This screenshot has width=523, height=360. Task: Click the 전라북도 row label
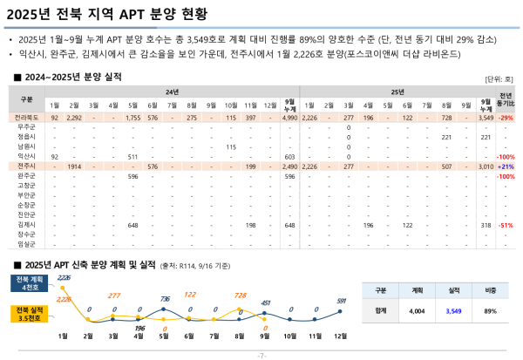[x=26, y=117]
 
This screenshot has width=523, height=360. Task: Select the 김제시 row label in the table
[x=26, y=224]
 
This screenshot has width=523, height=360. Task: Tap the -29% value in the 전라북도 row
[x=506, y=117]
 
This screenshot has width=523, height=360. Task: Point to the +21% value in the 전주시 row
[x=506, y=166]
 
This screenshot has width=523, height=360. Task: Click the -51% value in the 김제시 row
[x=506, y=224]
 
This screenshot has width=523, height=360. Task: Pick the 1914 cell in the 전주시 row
[x=74, y=166]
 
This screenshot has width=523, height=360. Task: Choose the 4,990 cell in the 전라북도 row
[x=290, y=117]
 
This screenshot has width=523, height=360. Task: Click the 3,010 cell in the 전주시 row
[x=486, y=166]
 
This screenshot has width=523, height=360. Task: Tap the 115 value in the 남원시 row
[x=231, y=146]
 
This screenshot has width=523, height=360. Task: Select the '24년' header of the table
[x=172, y=91]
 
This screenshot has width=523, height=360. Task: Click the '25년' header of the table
[x=397, y=91]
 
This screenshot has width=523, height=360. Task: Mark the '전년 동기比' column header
[x=506, y=99]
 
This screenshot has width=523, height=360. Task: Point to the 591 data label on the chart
[x=341, y=301]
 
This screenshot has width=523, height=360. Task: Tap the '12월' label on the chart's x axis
[x=341, y=335]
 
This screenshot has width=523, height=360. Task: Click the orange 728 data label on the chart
[x=239, y=295]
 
